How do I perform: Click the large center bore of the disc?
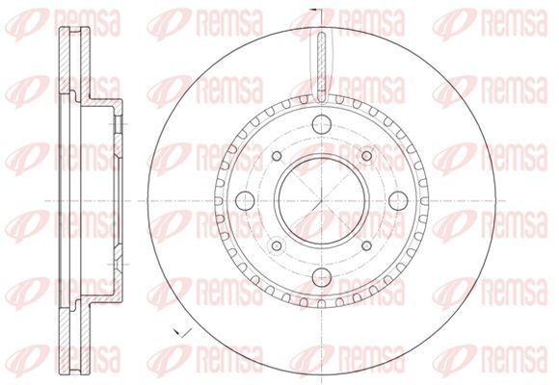(x=318, y=199)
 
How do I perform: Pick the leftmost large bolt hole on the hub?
(x=245, y=199)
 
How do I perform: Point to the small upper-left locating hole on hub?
(x=276, y=157)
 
